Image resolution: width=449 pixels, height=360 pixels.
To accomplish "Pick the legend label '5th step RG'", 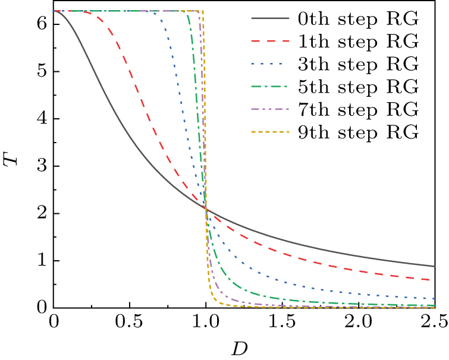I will coord(358,87).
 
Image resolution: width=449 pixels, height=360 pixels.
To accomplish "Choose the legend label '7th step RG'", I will coord(358,110).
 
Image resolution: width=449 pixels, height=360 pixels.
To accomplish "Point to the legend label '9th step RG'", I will coord(358,132).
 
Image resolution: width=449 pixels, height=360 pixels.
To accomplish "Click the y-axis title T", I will coord(13,159).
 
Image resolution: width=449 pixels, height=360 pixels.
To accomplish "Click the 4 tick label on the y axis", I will coord(41,119).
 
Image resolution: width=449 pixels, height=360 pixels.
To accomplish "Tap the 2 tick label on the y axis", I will coord(41,214).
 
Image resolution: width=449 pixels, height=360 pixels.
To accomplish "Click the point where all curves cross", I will coord(206,209).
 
